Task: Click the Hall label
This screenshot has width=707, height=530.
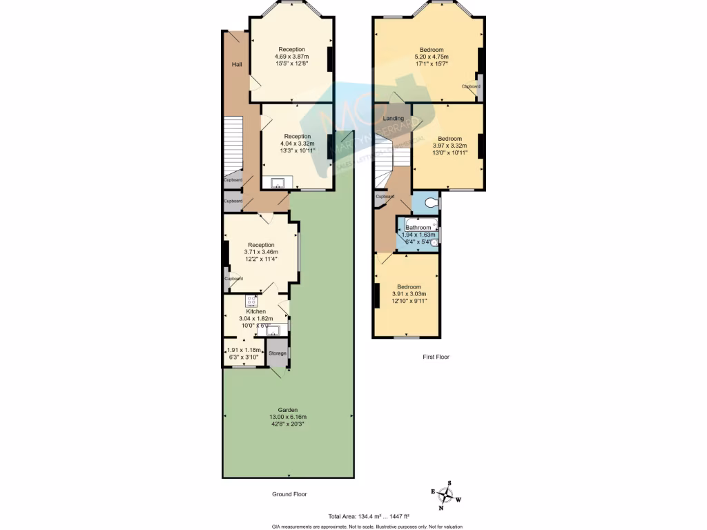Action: click(x=237, y=64)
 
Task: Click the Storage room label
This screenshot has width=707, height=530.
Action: click(x=277, y=353)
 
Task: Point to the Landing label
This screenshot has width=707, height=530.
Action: click(x=394, y=119)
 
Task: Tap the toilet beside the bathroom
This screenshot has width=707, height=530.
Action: click(x=432, y=203)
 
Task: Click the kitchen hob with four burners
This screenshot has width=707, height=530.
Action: click(x=251, y=301)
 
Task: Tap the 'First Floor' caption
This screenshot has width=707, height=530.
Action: click(x=436, y=357)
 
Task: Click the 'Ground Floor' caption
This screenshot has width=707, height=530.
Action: click(x=289, y=494)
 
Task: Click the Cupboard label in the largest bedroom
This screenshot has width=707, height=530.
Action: click(x=471, y=86)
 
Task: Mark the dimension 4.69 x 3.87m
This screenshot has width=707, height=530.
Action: click(x=291, y=56)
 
